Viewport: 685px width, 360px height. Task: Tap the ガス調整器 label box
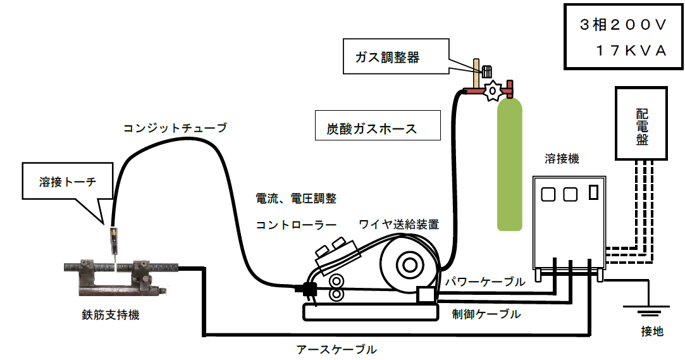point(387,58)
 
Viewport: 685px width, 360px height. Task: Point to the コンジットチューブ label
point(175,128)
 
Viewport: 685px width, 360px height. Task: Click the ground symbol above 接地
point(647,311)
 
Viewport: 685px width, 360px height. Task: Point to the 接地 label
point(652,332)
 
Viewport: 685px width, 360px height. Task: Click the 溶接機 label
point(562,158)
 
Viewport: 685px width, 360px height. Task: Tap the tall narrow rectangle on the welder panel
point(593,192)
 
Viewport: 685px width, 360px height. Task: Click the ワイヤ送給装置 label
point(398,224)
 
